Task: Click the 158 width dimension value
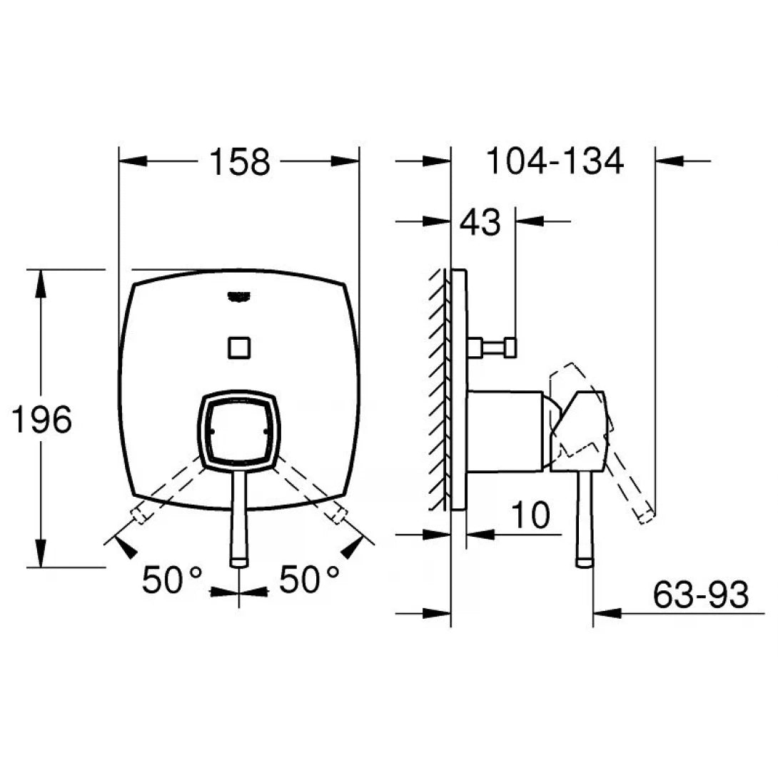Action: pyautogui.click(x=239, y=162)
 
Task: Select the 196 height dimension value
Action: pyautogui.click(x=41, y=420)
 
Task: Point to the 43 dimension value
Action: pyautogui.click(x=480, y=223)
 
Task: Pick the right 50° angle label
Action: pyautogui.click(x=308, y=580)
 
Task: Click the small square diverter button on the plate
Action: pyautogui.click(x=239, y=348)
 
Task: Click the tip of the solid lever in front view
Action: pyautogui.click(x=239, y=562)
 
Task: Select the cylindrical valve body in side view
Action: pyautogui.click(x=507, y=431)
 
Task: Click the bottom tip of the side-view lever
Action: pyautogui.click(x=585, y=562)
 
